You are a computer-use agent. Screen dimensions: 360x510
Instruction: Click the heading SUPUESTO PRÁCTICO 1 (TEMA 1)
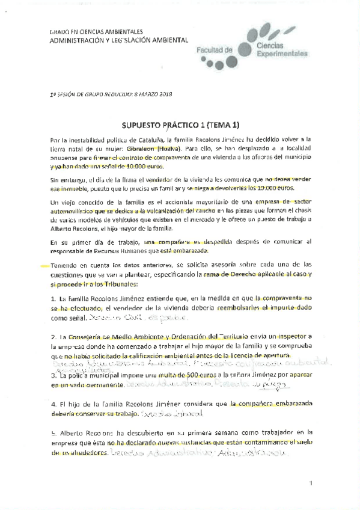pos(180,125)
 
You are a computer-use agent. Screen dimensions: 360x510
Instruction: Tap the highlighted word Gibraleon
pos(136,148)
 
